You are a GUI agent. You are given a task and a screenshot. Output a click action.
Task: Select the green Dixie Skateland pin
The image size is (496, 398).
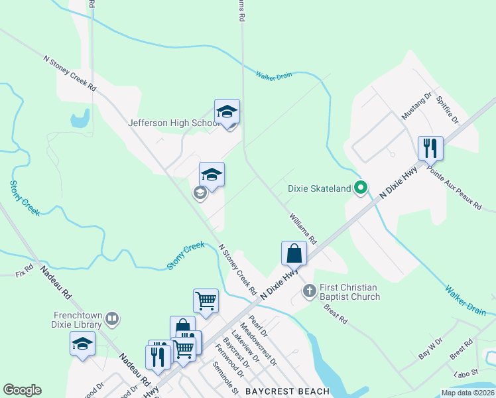click(x=361, y=188)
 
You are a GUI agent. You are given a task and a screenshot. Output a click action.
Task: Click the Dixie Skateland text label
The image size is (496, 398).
click(x=319, y=188)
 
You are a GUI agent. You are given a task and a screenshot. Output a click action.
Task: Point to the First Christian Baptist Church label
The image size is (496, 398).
click(x=349, y=292)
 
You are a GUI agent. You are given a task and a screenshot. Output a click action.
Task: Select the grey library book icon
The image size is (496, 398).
click(x=111, y=319)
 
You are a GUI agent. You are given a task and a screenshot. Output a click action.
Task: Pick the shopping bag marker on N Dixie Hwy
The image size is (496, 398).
click(x=294, y=253)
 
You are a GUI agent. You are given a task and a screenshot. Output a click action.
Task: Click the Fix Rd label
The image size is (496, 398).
click(x=24, y=273)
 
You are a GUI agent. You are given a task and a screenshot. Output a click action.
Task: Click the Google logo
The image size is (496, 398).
click(x=22, y=390)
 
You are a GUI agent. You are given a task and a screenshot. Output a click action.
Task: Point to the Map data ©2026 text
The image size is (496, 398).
click(x=467, y=393)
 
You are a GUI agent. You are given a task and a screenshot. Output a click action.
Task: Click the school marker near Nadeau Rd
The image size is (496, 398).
click(x=82, y=344)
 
